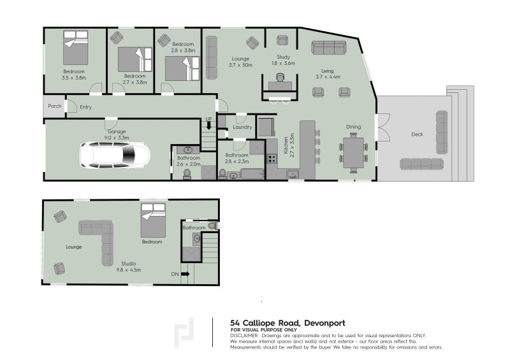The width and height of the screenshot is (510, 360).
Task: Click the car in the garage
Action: (x=115, y=155)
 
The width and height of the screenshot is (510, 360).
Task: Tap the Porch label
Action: (x=55, y=106)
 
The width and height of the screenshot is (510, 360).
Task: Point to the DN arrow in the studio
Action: (x=185, y=274)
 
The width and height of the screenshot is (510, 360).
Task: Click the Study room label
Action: (x=283, y=57)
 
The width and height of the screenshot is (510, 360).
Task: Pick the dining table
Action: (x=353, y=153)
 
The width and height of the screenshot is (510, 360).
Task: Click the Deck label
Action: (x=417, y=134)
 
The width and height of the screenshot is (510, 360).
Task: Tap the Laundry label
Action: (x=242, y=127)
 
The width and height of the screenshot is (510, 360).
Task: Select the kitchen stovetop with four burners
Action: (x=272, y=159)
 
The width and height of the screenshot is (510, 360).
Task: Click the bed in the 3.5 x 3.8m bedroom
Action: (x=75, y=48)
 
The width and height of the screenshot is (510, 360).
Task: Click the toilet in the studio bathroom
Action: (x=213, y=226)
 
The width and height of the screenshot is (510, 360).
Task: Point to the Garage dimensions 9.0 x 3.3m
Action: (x=117, y=138)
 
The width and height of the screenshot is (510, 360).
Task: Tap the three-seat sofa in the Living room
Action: (x=329, y=48)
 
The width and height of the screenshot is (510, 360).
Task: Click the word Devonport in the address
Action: (x=324, y=323)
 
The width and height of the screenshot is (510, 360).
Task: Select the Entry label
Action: (x=85, y=107)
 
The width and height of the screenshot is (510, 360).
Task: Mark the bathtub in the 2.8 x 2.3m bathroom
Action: (x=252, y=174)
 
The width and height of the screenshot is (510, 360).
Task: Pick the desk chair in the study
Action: (x=280, y=77)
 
